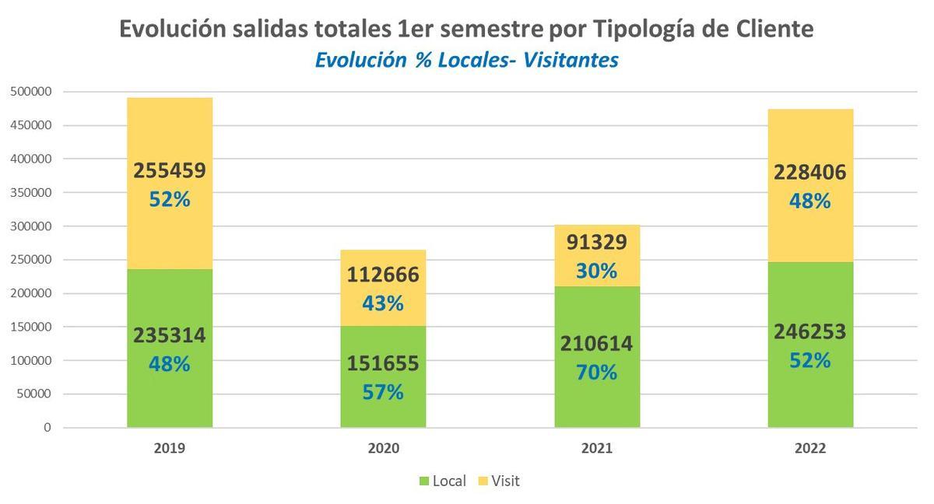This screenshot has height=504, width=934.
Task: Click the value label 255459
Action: coord(170,171)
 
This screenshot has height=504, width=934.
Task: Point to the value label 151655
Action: coord(383,363)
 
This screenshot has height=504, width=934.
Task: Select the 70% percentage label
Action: coord(597,373)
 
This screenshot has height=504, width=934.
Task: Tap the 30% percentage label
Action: coord(597,271)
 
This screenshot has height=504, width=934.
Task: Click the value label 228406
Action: coord(810,172)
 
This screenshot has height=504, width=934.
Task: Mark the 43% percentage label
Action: coord(383,303)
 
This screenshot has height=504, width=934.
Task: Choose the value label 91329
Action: coord(597,243)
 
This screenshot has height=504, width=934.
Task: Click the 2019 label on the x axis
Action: coord(170,449)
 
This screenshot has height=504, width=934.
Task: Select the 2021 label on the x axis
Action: coord(597,449)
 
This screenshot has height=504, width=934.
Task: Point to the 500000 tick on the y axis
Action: coord(30,92)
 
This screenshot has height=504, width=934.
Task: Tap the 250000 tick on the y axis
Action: coord(30,260)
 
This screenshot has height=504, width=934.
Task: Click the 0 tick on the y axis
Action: coord(47,428)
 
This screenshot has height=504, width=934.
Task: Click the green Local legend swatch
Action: coord(424,481)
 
